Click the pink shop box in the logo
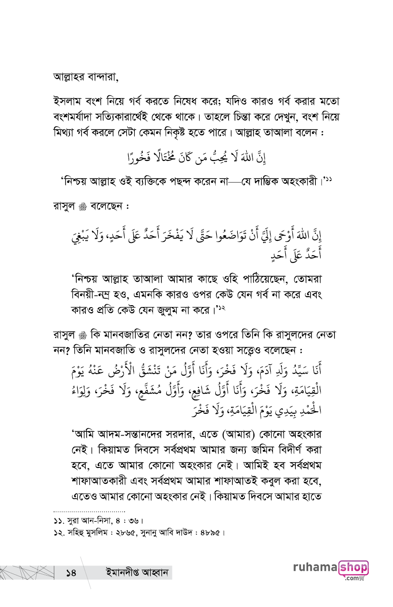[x=353, y=567]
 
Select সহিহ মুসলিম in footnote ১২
[x=88, y=532]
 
